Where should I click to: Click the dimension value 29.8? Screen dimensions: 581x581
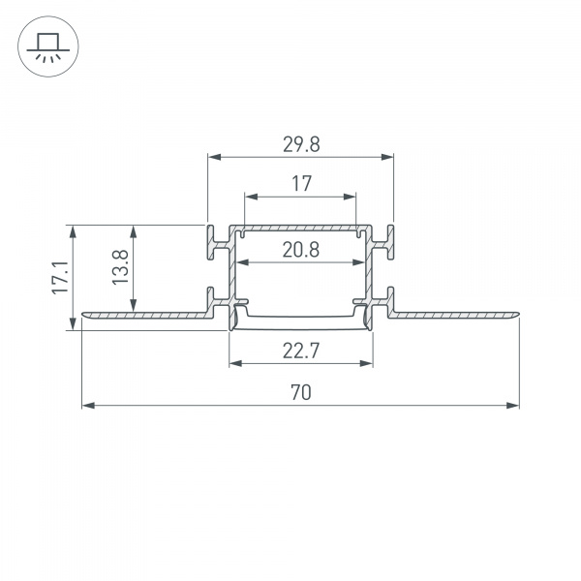pos(300,144)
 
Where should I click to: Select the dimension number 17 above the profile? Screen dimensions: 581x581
pos(300,183)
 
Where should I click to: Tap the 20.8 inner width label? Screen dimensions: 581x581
pos(301,251)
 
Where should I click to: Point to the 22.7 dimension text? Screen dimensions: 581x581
pos(301,352)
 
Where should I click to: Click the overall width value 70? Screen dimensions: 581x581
pos(300,392)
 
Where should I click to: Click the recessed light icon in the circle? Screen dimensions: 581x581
pos(45,46)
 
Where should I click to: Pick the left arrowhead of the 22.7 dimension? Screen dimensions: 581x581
pos(234,364)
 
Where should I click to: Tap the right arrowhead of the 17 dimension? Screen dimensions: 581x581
pos(352,196)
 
